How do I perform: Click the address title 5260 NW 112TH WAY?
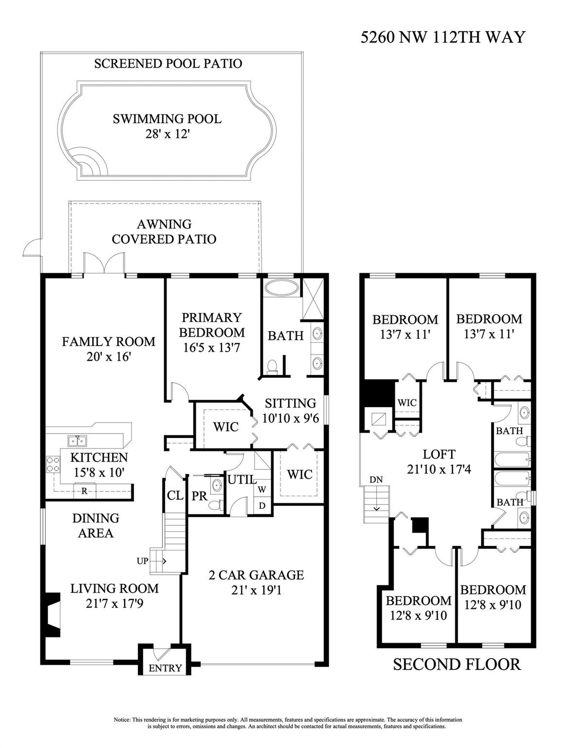click(x=443, y=37)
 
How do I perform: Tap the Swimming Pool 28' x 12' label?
click(x=167, y=126)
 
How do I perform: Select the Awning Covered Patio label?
click(x=164, y=231)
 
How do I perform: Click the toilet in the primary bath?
click(x=272, y=366)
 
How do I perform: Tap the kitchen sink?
click(x=77, y=441)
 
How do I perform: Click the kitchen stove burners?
click(x=53, y=464)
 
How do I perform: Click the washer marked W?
click(x=262, y=488)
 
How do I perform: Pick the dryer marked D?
click(x=262, y=505)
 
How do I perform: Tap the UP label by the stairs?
click(x=142, y=561)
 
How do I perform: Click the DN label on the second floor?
click(x=376, y=480)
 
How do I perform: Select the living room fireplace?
click(x=51, y=614)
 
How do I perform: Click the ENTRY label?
click(x=165, y=668)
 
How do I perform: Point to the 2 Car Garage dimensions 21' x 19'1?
click(x=256, y=590)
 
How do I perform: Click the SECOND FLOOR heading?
click(x=457, y=664)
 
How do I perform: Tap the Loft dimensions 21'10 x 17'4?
click(x=439, y=469)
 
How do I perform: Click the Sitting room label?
click(x=290, y=403)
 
